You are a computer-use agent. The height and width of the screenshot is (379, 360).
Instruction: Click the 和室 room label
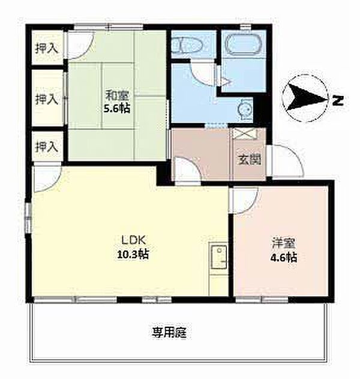(118, 95)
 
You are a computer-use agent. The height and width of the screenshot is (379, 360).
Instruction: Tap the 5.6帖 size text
(117, 109)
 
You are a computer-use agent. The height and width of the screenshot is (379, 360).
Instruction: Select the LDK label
(133, 240)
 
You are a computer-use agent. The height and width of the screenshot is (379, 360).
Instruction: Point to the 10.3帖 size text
(133, 254)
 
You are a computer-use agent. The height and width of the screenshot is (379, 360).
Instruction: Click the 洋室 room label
(284, 243)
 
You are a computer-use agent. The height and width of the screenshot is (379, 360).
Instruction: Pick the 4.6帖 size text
(284, 258)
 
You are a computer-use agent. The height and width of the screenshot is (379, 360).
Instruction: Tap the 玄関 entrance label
(250, 159)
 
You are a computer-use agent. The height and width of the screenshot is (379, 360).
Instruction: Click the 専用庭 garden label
(169, 333)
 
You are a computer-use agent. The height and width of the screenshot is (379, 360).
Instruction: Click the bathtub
(244, 44)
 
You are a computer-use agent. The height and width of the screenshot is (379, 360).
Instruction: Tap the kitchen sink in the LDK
(219, 257)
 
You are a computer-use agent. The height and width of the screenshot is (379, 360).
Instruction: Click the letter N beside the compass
(338, 100)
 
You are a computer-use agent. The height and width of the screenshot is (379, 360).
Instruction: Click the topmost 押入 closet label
(47, 48)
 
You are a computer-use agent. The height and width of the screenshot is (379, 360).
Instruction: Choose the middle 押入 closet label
(47, 100)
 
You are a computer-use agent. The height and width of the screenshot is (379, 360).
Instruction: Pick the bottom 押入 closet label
(47, 146)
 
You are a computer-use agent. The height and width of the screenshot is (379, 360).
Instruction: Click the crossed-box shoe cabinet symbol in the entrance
(244, 134)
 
